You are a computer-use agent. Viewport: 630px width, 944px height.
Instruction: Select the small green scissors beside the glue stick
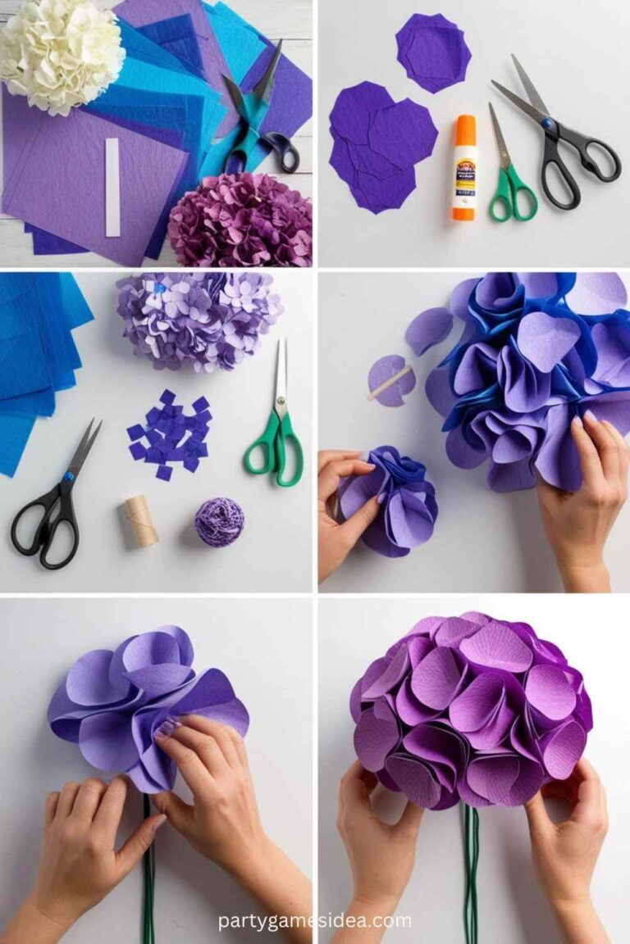pos(509,177)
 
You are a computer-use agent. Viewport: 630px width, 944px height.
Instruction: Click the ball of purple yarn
pos(219,521)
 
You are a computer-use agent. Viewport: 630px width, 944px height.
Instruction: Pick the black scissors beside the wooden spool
pos(53,500)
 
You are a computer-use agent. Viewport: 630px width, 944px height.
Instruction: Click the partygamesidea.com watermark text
pos(314,920)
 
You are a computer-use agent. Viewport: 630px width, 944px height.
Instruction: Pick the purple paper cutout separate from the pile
pos(433,52)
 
